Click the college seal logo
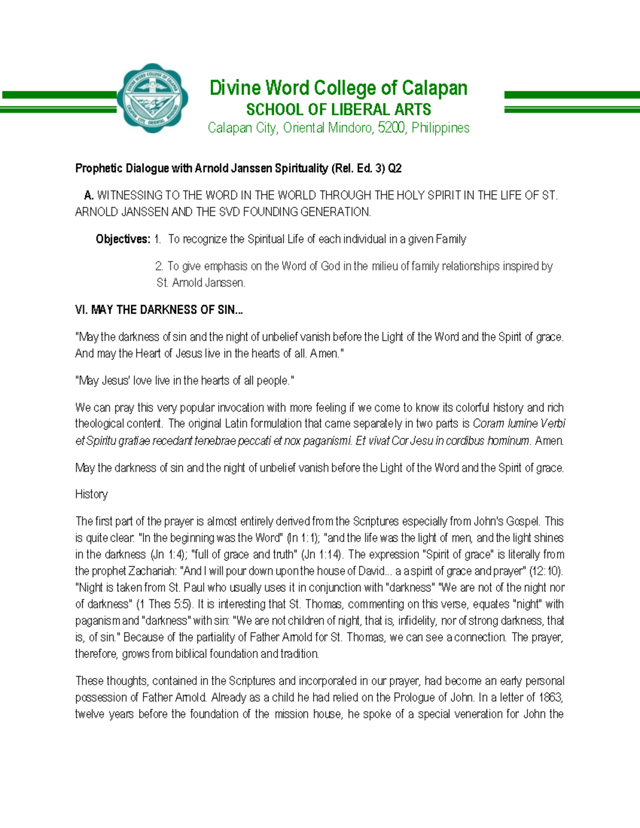(x=153, y=98)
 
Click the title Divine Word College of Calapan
(x=338, y=88)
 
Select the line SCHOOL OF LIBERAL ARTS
(x=338, y=110)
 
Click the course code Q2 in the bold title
(x=395, y=169)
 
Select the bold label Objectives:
(x=123, y=239)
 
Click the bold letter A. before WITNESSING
(x=89, y=196)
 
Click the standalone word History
(x=91, y=494)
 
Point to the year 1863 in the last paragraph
(x=550, y=697)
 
